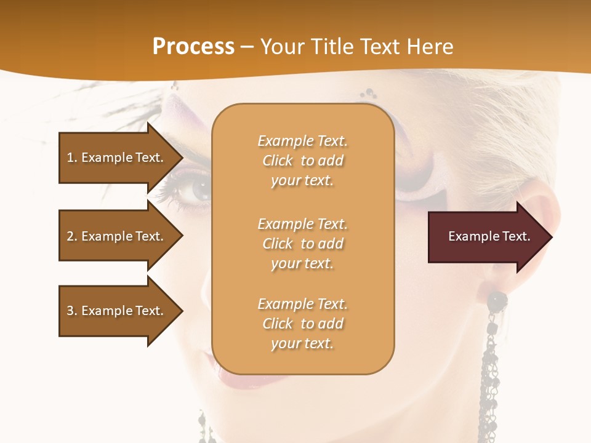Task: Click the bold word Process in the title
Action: tap(193, 47)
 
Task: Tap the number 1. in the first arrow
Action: tap(72, 158)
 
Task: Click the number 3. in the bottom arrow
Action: tap(72, 311)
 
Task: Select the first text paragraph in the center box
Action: tap(302, 161)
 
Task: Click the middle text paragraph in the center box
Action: tap(302, 244)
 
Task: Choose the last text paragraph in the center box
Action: tap(302, 324)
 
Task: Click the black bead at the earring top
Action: tap(496, 301)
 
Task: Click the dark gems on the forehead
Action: tap(370, 94)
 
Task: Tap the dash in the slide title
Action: tap(247, 47)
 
